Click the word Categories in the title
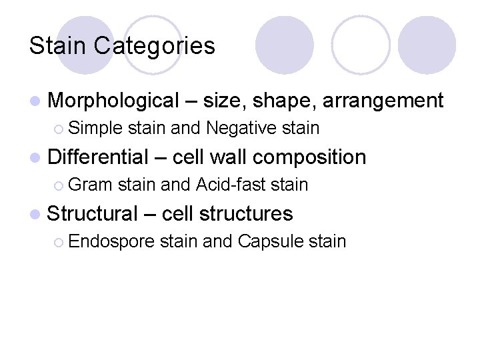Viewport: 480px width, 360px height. pos(155,45)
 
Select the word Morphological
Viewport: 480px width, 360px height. pos(113,101)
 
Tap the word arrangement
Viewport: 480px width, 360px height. pos(383,101)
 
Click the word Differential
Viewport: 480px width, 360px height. pos(99,157)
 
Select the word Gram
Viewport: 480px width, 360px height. pos(90,184)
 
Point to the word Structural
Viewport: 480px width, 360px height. pos(92,213)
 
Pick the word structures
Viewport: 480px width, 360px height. pos(246,213)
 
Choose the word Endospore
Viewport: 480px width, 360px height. pos(111,241)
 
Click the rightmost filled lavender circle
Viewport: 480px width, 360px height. pos(427,45)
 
